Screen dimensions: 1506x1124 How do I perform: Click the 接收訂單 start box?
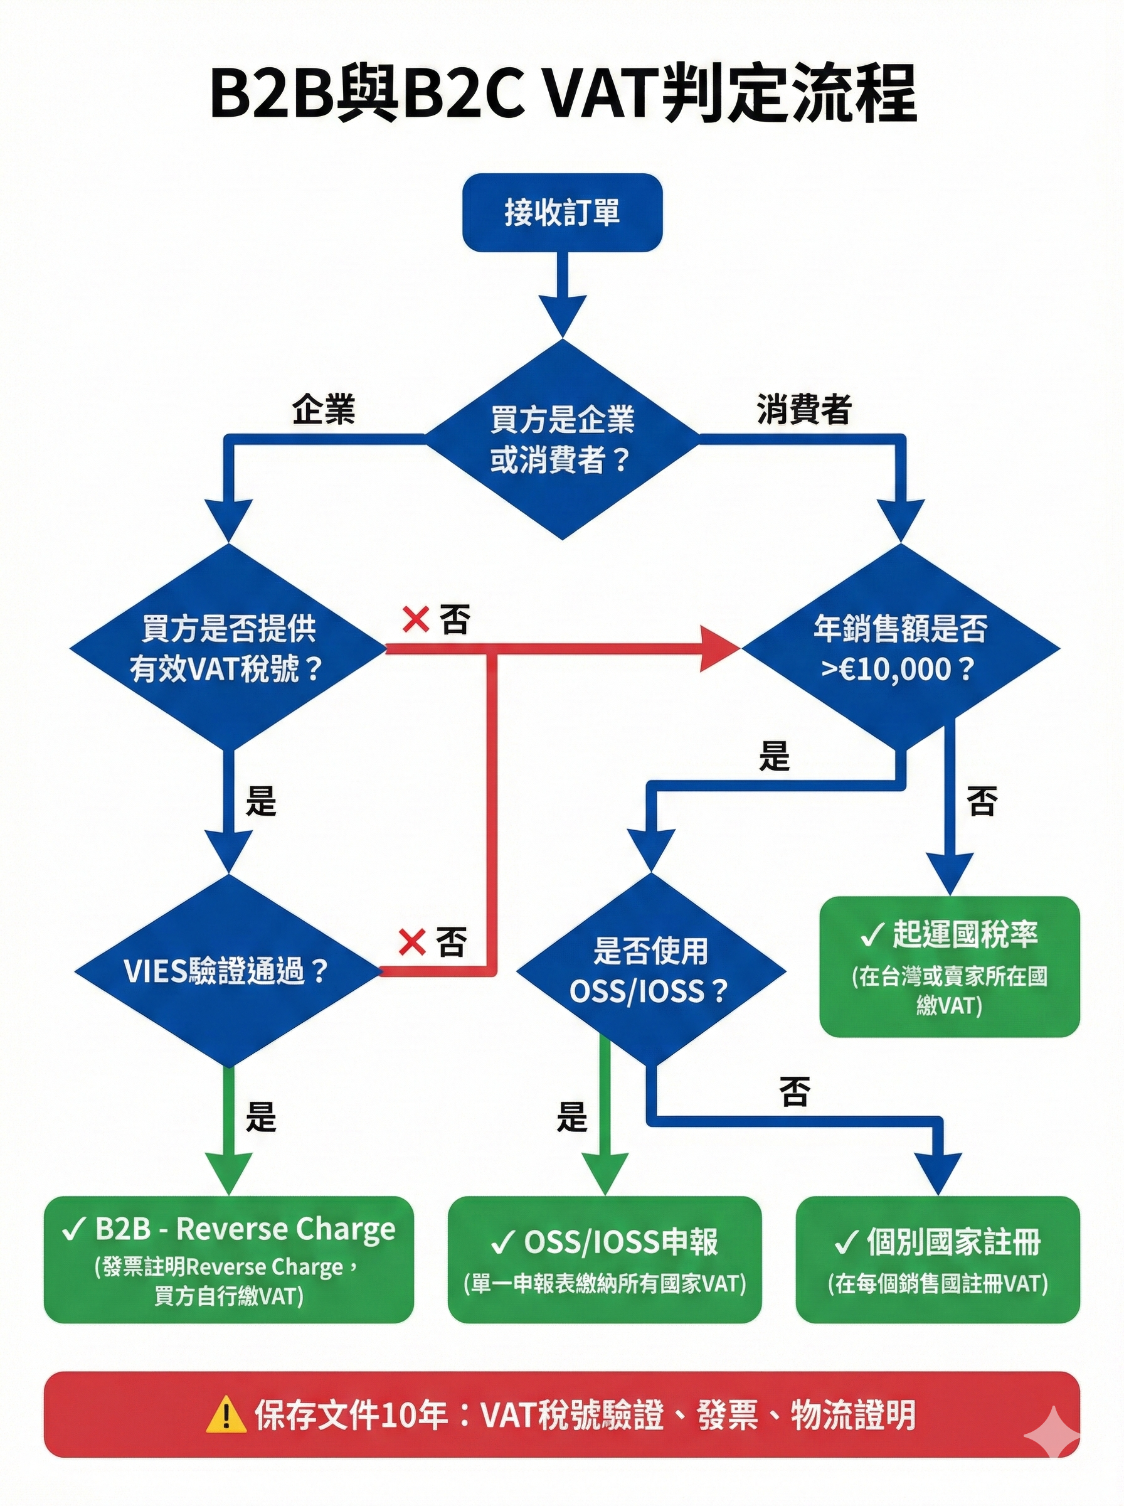[562, 212]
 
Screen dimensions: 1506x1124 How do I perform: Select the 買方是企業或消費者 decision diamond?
[562, 440]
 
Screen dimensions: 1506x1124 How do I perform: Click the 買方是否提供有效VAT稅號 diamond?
[228, 648]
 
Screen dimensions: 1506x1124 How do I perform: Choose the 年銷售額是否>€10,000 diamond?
[899, 648]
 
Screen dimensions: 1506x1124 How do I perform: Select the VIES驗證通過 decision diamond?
[227, 971]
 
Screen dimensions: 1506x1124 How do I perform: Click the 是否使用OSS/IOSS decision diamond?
[650, 970]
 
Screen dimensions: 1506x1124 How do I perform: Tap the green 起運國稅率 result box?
[949, 967]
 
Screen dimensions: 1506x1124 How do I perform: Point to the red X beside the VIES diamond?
[411, 943]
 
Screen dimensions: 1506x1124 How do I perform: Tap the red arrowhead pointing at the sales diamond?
[721, 649]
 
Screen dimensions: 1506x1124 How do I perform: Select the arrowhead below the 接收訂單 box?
[562, 315]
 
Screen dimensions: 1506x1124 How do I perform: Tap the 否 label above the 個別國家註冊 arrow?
[795, 1092]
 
